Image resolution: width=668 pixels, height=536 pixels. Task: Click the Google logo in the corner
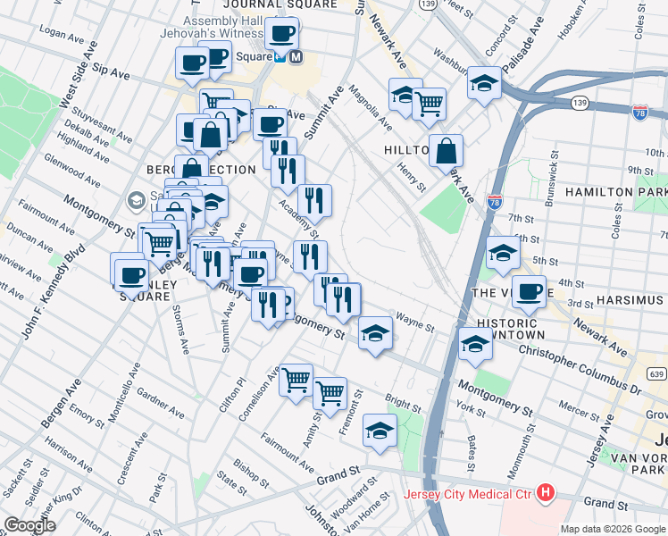click(29, 525)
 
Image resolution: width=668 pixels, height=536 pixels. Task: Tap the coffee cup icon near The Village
click(529, 291)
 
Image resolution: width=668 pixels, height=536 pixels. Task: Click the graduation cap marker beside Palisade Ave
click(484, 83)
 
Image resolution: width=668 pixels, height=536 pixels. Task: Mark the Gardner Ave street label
click(162, 405)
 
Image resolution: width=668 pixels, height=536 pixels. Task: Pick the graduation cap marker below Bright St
click(380, 431)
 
